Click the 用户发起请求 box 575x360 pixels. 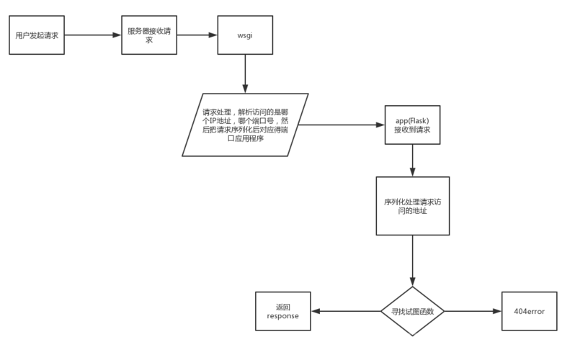pyautogui.click(x=37, y=35)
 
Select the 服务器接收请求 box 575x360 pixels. pyautogui.click(x=149, y=35)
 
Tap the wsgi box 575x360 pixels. pyautogui.click(x=245, y=35)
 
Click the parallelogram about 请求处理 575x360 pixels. pyautogui.click(x=245, y=125)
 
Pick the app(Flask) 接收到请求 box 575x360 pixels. pyautogui.click(x=413, y=125)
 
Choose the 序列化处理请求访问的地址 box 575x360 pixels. pyautogui.click(x=413, y=206)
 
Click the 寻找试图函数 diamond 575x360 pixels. pyautogui.click(x=413, y=311)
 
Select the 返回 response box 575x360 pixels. pyautogui.click(x=283, y=311)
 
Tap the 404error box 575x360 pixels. pyautogui.click(x=529, y=311)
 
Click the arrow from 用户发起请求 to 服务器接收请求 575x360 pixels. pyautogui.click(x=93, y=35)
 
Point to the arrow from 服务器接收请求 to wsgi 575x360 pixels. pyautogui.click(x=197, y=35)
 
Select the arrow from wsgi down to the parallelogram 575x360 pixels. pyautogui.click(x=245, y=73)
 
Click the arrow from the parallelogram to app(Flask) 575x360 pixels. pyautogui.click(x=342, y=125)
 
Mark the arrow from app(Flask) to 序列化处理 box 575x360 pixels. pyautogui.click(x=413, y=161)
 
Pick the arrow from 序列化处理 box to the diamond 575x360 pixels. pyautogui.click(x=413, y=261)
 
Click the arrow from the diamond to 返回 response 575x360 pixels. pyautogui.click(x=346, y=311)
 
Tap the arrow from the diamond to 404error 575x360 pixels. pyautogui.click(x=473, y=311)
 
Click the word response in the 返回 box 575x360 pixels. pyautogui.click(x=282, y=316)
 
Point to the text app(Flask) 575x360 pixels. pyautogui.click(x=412, y=121)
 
